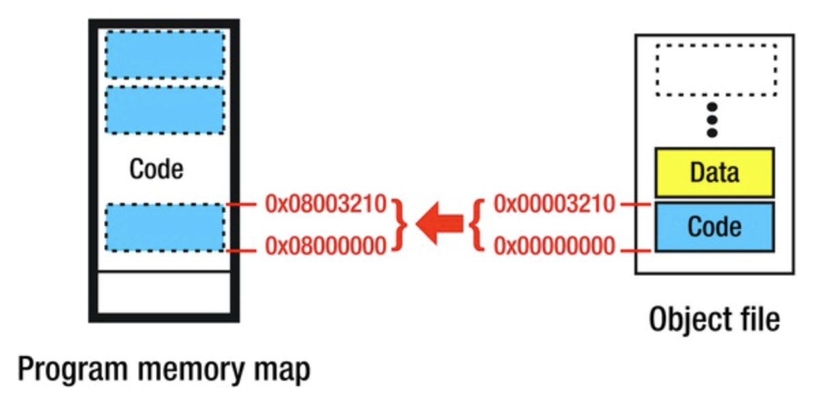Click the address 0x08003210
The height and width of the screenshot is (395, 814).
pos(326,203)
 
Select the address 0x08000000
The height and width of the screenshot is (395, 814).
pos(326,245)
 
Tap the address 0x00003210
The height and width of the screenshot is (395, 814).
pos(554,203)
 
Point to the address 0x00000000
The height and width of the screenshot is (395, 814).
pos(554,245)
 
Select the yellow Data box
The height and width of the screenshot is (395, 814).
pos(714,172)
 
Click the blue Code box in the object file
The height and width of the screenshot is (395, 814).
pos(714,226)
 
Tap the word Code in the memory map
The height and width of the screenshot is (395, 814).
pos(156,169)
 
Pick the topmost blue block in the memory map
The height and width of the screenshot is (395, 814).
pos(164,55)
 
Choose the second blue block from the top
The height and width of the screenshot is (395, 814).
pos(164,109)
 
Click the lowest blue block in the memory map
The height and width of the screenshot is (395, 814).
pos(164,227)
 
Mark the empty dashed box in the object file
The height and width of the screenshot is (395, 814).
pos(716,70)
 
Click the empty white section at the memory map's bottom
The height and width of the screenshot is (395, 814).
pos(164,292)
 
